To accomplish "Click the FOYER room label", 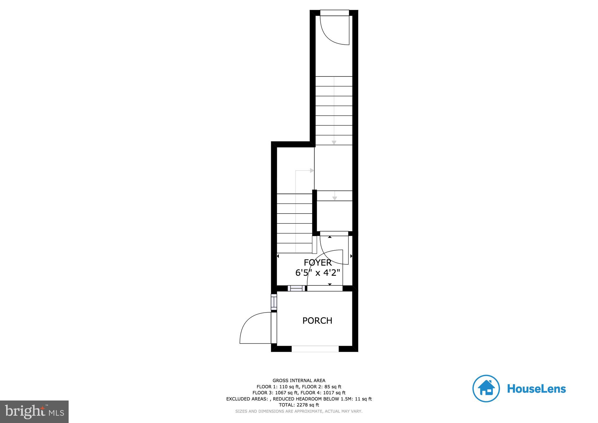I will pyautogui.click(x=318, y=262).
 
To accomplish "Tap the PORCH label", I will pyautogui.click(x=317, y=321).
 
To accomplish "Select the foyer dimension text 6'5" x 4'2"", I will pyautogui.click(x=318, y=273).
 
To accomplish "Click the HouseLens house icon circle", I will pyautogui.click(x=486, y=389).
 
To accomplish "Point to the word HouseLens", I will pyautogui.click(x=536, y=389).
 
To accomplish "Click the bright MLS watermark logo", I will pyautogui.click(x=34, y=412).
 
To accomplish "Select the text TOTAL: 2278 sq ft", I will pyautogui.click(x=299, y=405).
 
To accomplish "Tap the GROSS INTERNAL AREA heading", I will pyautogui.click(x=299, y=380).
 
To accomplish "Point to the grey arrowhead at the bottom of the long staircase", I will pyautogui.click(x=334, y=143).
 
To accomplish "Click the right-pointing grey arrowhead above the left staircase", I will pyautogui.click(x=312, y=171).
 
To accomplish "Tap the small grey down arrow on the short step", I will pyautogui.click(x=335, y=198).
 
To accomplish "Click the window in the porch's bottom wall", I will pyautogui.click(x=315, y=349).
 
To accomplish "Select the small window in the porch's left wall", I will pyautogui.click(x=274, y=302).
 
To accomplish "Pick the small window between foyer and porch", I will pyautogui.click(x=296, y=289).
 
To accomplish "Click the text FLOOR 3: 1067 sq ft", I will pyautogui.click(x=275, y=393).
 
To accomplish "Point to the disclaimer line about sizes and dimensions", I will pyautogui.click(x=299, y=411).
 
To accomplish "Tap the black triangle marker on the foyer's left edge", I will pyautogui.click(x=278, y=256).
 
